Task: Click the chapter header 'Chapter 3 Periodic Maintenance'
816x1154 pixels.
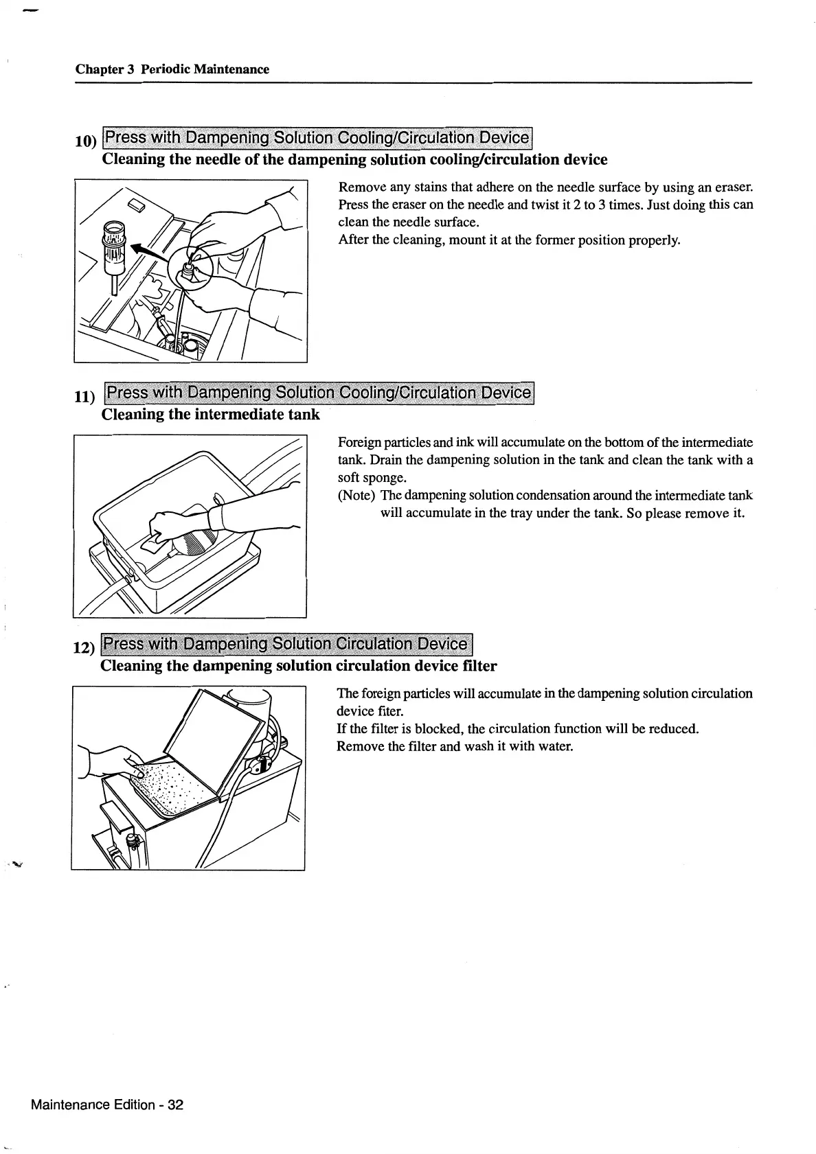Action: tap(172, 69)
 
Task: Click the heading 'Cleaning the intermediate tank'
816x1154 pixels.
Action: tap(210, 415)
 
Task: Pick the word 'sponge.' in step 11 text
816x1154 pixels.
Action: tap(362, 477)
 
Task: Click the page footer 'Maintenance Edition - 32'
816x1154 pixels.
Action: tap(107, 1105)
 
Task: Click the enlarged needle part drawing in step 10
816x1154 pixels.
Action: tap(114, 254)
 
